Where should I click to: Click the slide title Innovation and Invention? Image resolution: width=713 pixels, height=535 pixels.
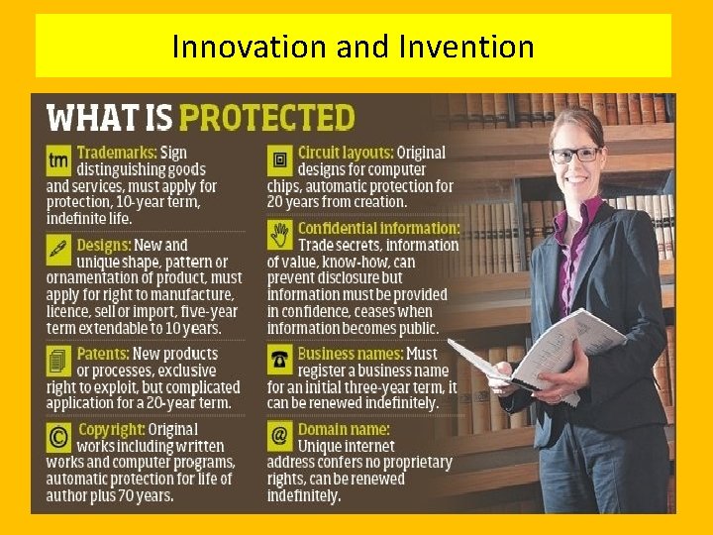pos(353,46)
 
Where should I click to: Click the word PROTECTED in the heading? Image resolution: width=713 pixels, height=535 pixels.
pos(266,118)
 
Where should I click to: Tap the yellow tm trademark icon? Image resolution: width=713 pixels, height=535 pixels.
pos(58,159)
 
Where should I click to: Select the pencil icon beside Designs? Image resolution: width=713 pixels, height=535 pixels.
pos(58,249)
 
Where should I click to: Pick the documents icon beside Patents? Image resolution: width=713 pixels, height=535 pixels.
pos(58,358)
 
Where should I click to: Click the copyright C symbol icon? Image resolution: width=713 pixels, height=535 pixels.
pos(58,435)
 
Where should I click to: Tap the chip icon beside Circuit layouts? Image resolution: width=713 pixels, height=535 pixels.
pos(280,159)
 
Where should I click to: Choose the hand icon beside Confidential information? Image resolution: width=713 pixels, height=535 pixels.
pos(280,234)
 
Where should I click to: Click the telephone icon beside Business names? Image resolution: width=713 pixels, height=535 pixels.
pos(280,358)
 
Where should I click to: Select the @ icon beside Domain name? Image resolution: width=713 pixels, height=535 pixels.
pos(280,435)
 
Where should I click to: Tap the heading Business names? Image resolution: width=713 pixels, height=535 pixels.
pos(351,354)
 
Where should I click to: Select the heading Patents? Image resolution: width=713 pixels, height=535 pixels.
pos(103,354)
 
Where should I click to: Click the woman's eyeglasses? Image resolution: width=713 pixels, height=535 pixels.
pos(575,155)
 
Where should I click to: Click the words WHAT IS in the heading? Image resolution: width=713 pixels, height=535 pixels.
pos(109,118)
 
